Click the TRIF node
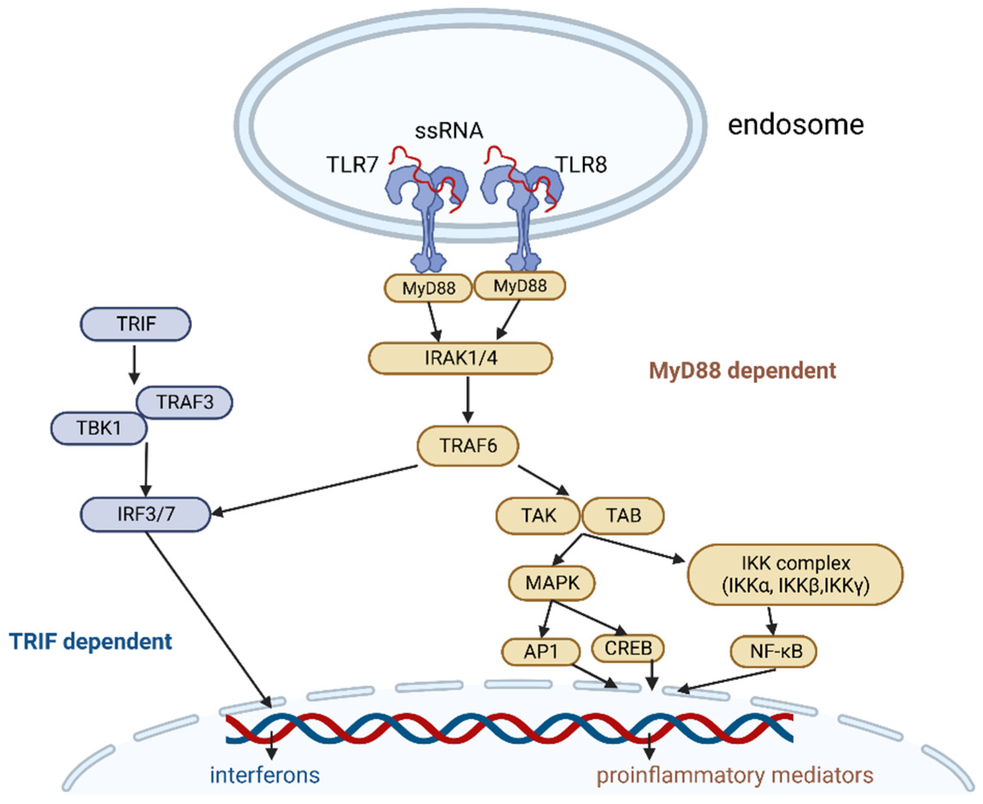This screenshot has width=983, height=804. click(136, 324)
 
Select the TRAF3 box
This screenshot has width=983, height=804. click(184, 402)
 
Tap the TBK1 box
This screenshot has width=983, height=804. click(99, 428)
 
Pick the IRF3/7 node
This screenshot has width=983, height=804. click(145, 514)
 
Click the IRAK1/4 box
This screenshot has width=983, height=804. click(460, 358)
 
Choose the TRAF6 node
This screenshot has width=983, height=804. click(468, 446)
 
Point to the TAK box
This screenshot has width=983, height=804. click(538, 516)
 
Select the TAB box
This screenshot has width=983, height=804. click(623, 516)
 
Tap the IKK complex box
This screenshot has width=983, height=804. click(796, 574)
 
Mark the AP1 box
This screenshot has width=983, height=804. click(541, 651)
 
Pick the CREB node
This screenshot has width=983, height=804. click(628, 648)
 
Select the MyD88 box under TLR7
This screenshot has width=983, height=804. click(428, 288)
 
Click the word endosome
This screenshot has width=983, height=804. click(796, 125)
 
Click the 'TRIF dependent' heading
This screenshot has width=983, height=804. click(91, 641)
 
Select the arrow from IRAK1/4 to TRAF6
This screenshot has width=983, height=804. click(468, 399)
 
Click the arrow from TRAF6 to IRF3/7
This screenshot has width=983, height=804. click(314, 490)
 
